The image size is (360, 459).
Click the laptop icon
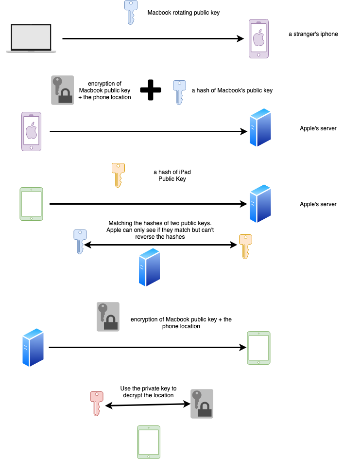31,38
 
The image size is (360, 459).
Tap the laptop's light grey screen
31,36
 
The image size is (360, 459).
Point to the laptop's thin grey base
31,51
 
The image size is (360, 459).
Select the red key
96,403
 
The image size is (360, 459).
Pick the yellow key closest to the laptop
118,175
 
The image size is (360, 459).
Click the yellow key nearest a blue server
245,246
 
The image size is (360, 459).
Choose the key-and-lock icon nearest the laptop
62,90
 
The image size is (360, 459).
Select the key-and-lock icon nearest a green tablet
202,404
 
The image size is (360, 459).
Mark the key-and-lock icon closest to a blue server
108,317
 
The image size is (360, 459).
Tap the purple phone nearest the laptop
31,131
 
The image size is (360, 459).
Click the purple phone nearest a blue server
258,38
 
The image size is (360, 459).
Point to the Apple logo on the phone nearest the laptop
31,130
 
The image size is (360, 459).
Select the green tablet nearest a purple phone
31,204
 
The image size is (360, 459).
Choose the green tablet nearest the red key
148,442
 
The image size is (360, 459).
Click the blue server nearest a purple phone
260,127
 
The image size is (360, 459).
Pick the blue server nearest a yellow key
260,204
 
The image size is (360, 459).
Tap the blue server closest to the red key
33,347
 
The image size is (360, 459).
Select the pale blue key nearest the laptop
130,12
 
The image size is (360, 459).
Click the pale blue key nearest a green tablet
80,241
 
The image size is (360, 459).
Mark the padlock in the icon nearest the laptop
65,97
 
